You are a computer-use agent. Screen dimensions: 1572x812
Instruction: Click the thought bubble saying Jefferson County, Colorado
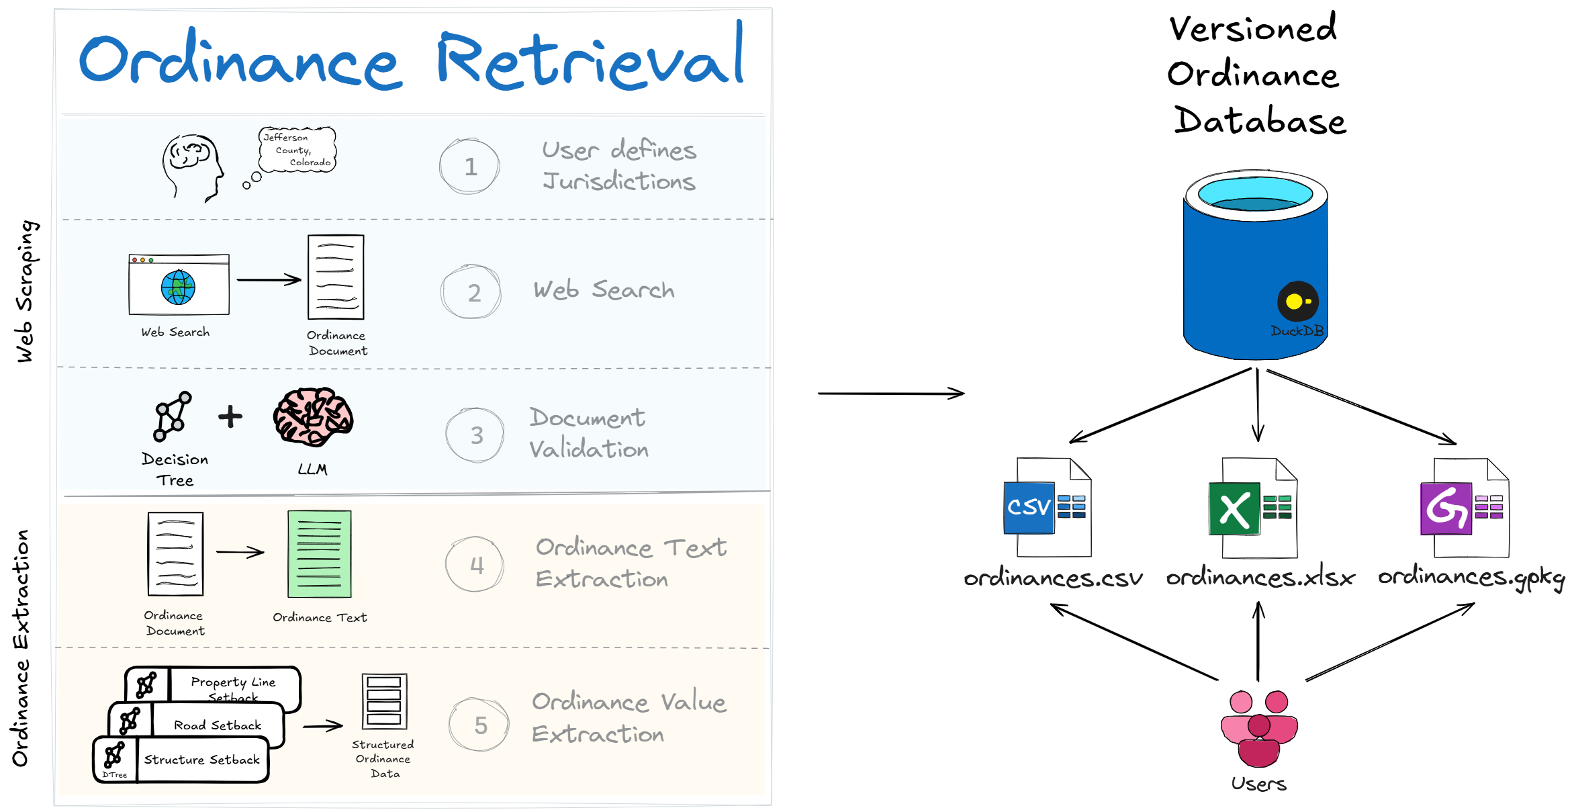coord(297,150)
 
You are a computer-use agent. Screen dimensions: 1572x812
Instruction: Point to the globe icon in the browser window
coord(178,287)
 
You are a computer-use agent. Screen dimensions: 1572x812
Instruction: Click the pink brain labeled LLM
coord(313,416)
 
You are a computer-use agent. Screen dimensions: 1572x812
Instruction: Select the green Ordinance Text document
coord(320,554)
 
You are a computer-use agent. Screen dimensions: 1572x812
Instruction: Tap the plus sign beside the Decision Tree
coord(230,416)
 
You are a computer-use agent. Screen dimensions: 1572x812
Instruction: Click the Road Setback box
coord(196,725)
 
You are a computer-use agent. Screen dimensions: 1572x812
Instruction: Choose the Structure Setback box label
coord(201,760)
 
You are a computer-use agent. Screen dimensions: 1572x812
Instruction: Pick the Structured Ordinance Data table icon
coord(384,701)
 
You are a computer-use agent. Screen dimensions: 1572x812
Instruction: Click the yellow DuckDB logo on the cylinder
coord(1297,302)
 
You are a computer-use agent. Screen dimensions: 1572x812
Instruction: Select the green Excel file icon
coord(1253,508)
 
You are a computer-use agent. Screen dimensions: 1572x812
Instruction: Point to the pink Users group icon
coord(1259,728)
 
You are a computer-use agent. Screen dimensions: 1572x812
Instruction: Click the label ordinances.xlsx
coord(1260,578)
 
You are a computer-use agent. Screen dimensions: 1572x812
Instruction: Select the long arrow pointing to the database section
coord(891,393)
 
